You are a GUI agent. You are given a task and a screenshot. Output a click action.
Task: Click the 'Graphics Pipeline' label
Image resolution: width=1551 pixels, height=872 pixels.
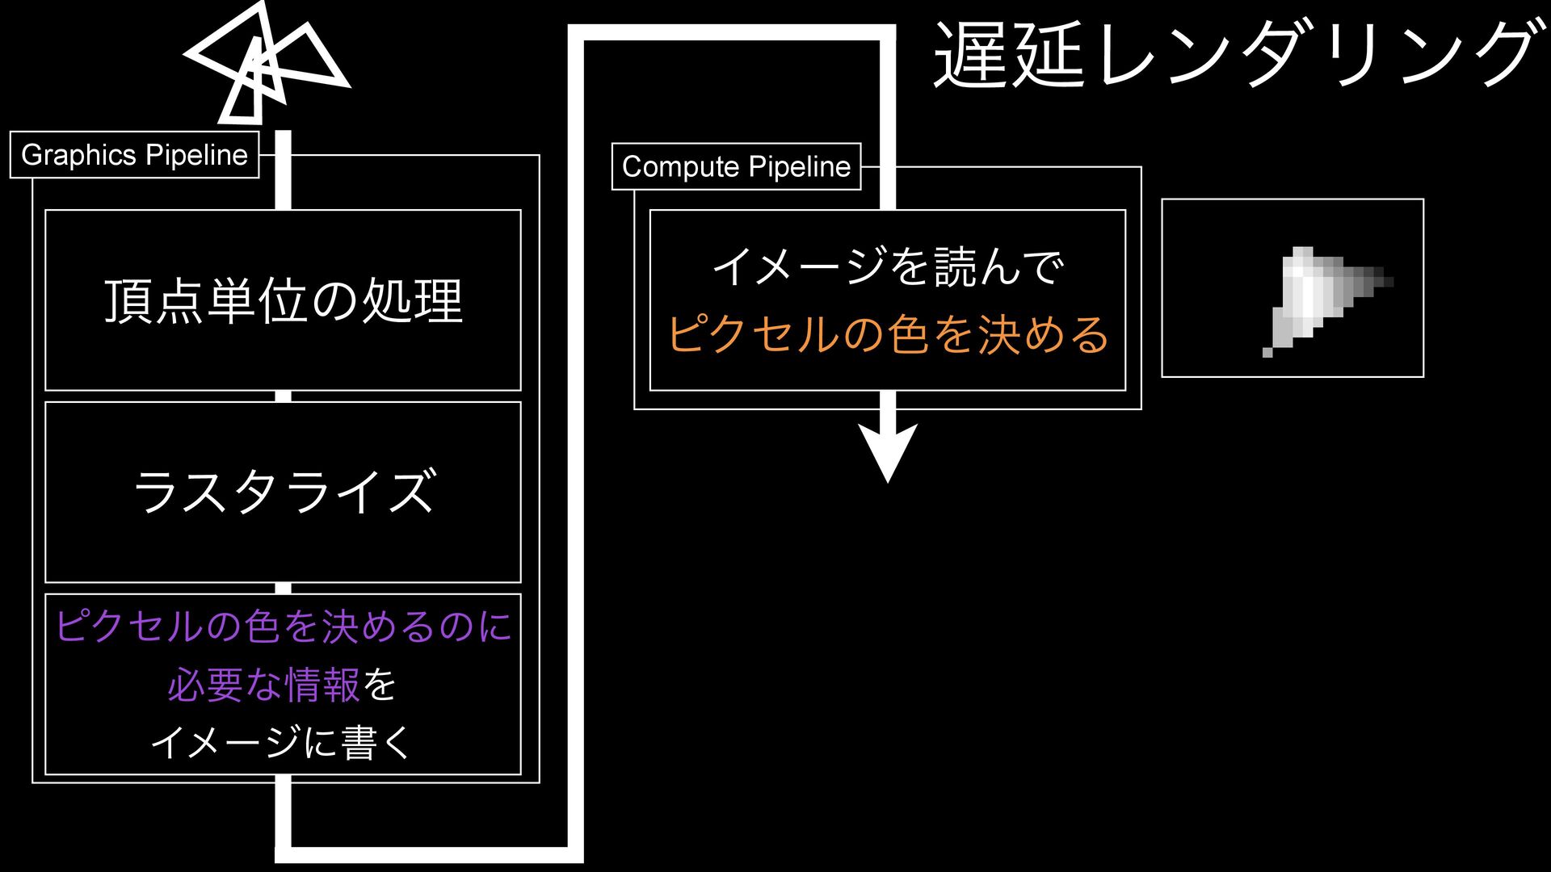pos(134,154)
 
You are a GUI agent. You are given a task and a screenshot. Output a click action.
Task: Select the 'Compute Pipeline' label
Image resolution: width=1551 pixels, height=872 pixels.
pos(736,166)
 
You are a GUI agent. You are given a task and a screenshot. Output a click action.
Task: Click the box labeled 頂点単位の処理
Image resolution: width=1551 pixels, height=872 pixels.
pos(283,300)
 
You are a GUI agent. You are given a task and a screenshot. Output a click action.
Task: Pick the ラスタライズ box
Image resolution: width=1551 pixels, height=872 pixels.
pos(283,492)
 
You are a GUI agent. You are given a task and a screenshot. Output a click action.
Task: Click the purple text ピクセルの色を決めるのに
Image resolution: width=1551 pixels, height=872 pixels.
pos(283,627)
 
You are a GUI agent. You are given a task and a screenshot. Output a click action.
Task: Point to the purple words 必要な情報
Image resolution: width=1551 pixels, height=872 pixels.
pos(263,685)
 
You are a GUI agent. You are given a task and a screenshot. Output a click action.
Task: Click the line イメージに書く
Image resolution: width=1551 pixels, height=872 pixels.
pos(283,742)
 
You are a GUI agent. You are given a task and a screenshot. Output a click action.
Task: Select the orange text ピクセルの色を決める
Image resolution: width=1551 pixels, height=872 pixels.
pos(888,333)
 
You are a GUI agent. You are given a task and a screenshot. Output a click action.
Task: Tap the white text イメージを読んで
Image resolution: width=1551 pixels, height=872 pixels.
pos(888,266)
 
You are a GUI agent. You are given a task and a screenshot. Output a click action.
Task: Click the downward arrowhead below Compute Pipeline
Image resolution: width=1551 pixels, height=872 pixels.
pos(888,452)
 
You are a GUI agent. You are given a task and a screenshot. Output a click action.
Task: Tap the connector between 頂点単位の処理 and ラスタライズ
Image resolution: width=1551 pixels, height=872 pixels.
pos(283,396)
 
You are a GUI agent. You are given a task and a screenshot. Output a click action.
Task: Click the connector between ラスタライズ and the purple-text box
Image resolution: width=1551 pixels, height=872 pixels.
pos(283,588)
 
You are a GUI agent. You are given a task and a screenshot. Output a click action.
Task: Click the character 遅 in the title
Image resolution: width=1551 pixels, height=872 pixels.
pos(968,55)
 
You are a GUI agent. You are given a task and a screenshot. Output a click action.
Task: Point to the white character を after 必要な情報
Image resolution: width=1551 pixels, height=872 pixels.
pos(380,685)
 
